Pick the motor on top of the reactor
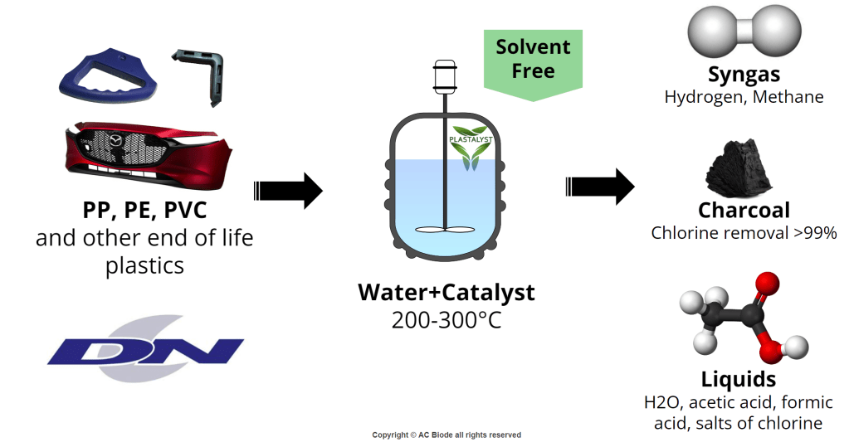click(x=446, y=75)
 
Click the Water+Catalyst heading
click(x=446, y=293)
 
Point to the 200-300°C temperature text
click(x=446, y=319)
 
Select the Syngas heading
click(x=744, y=75)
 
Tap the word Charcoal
click(x=744, y=211)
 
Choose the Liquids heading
click(x=739, y=379)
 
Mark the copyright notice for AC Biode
click(x=446, y=435)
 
